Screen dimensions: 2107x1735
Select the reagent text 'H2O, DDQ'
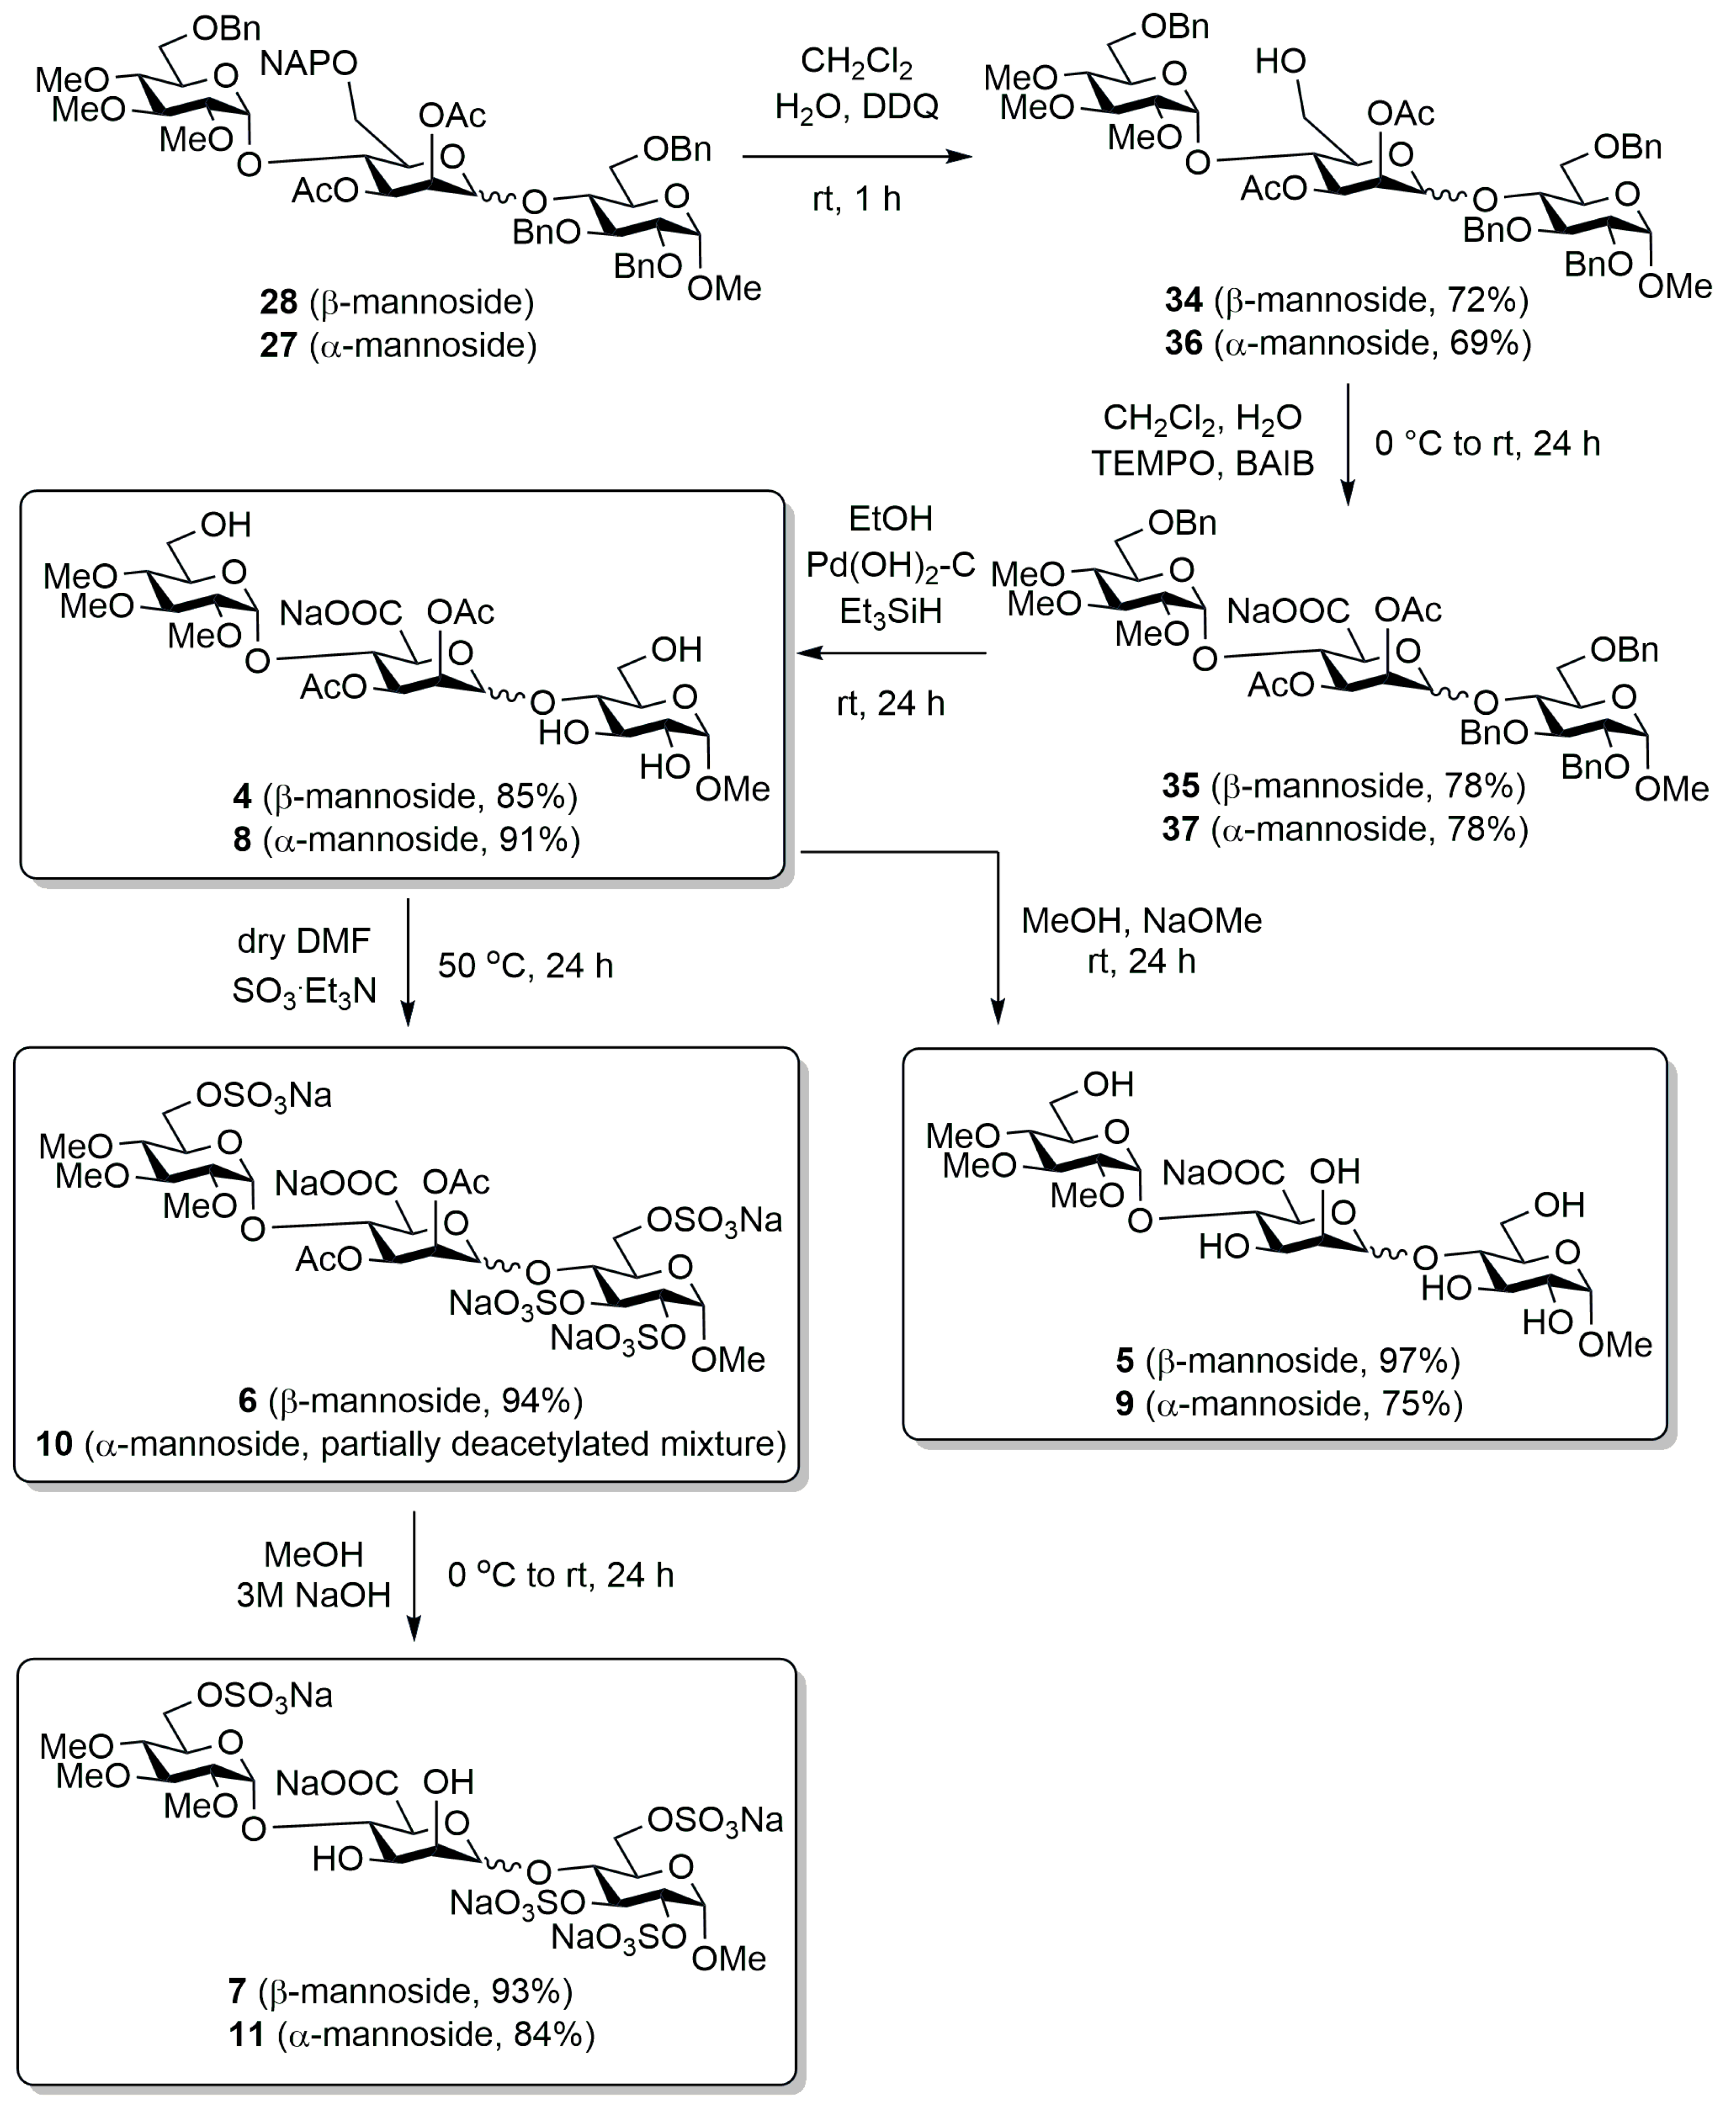pyautogui.click(x=856, y=106)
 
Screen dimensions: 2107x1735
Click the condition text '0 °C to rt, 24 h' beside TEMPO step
pyautogui.click(x=1487, y=443)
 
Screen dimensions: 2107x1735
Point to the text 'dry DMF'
pyautogui.click(x=304, y=940)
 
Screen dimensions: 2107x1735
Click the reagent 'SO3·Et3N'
pyautogui.click(x=304, y=990)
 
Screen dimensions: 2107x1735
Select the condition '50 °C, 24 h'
pyautogui.click(x=525, y=966)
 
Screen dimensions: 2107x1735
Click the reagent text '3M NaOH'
pyautogui.click(x=313, y=1594)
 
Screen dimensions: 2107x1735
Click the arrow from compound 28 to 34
pyautogui.click(x=856, y=156)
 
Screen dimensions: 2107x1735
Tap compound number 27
pyautogui.click(x=279, y=345)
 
